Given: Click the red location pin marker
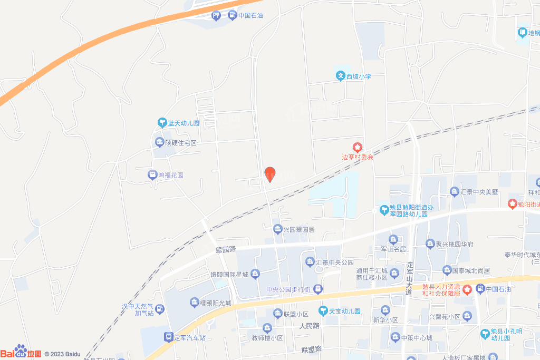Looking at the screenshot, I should pos(269,174).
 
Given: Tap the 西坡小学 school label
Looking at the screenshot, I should pos(354,76).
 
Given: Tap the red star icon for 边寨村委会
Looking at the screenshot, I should pos(358,147).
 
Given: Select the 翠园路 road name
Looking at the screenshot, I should pos(225,250).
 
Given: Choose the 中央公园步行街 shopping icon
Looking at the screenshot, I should pos(318,289).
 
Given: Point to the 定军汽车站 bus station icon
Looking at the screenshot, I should pos(168,336).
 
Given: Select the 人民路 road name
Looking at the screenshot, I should pos(310,326).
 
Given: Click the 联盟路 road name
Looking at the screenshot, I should pos(311,349).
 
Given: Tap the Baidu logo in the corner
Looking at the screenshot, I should pos(21,353).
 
